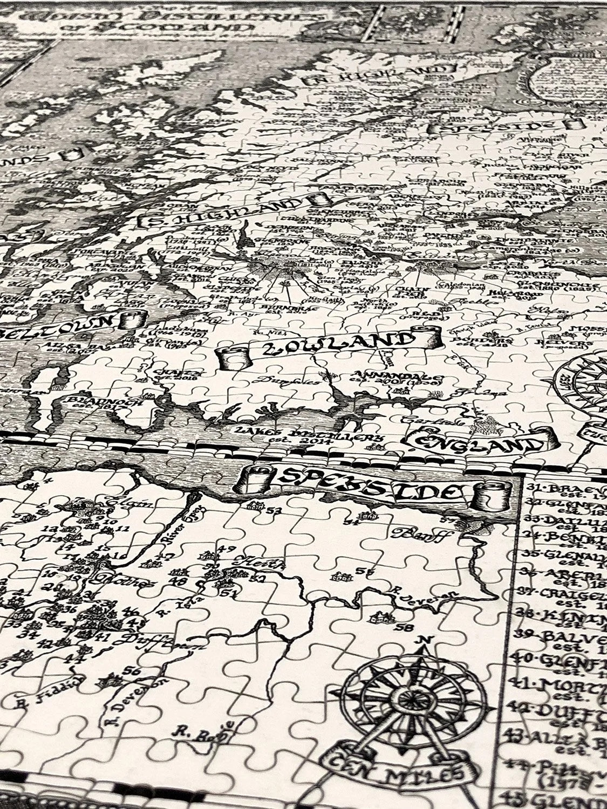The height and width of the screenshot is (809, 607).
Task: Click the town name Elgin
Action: pyautogui.click(x=121, y=503)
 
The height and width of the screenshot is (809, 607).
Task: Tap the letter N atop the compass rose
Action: pyautogui.click(x=425, y=640)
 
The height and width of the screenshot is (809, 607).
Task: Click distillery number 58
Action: pyautogui.click(x=403, y=628)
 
